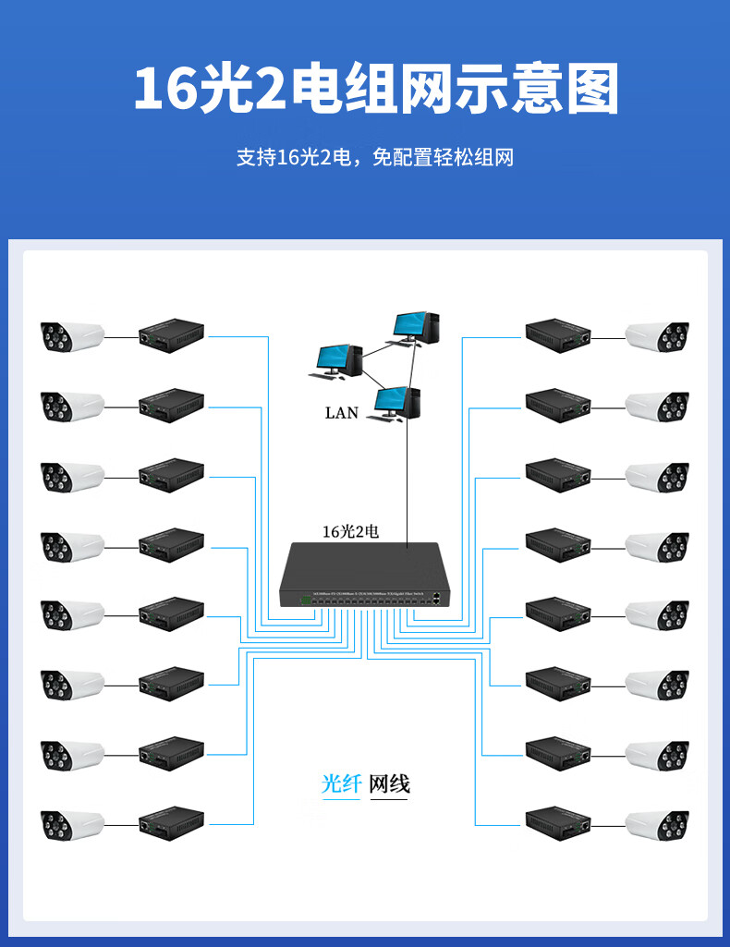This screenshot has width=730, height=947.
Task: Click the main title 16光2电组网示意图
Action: click(374, 90)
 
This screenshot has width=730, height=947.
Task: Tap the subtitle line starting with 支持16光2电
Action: click(374, 157)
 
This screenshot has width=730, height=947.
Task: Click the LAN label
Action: click(341, 413)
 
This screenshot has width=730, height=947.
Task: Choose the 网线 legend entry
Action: click(389, 784)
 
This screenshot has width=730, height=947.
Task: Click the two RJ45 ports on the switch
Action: click(436, 600)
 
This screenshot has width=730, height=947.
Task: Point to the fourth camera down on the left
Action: click(71, 545)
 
